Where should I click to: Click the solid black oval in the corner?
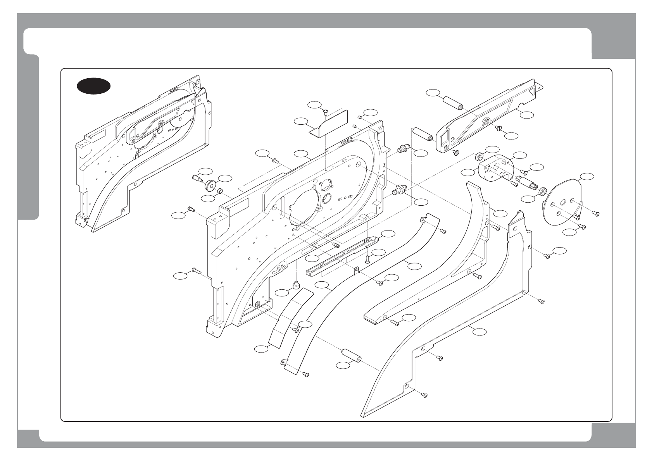93,86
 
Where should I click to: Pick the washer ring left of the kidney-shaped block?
480,157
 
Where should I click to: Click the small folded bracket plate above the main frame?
329,124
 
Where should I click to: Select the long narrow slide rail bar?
341,256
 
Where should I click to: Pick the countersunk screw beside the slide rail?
367,259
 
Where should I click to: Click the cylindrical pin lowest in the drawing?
351,355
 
